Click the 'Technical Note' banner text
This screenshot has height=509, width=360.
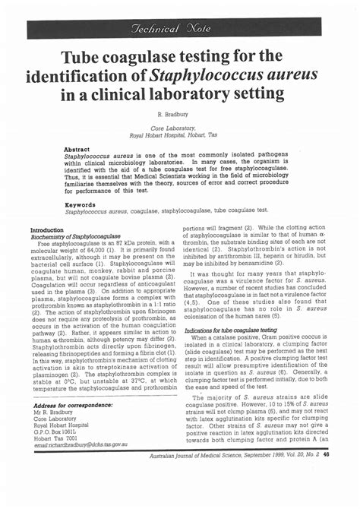click(x=180, y=27)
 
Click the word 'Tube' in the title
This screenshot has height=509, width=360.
click(x=83, y=57)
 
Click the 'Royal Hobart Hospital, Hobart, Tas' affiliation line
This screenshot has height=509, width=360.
click(x=180, y=135)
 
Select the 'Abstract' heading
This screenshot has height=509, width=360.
click(x=77, y=150)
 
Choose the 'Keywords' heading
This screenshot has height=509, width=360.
click(x=80, y=204)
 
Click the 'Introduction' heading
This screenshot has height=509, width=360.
click(x=47, y=229)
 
